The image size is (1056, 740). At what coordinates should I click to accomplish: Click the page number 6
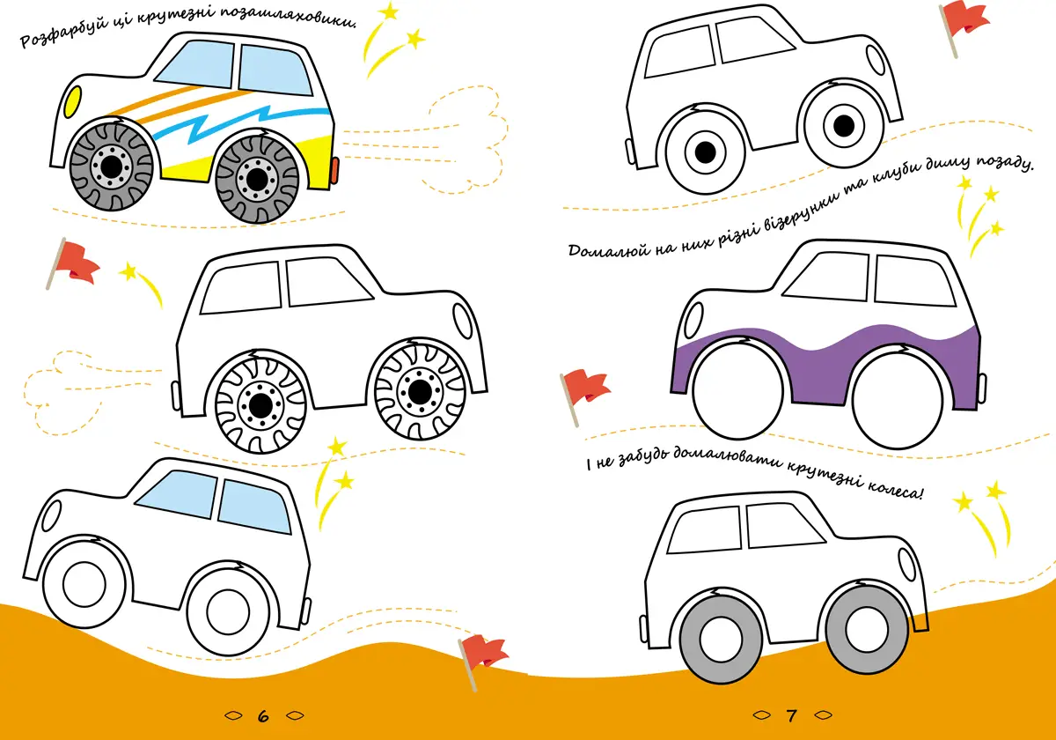(263, 716)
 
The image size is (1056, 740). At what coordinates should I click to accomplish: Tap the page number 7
(791, 715)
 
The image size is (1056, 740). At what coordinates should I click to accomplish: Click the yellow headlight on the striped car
(72, 101)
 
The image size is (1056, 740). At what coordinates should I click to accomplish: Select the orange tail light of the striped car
(334, 170)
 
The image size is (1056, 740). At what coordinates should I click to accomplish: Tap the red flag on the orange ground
(480, 659)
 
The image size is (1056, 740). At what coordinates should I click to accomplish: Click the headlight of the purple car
(693, 321)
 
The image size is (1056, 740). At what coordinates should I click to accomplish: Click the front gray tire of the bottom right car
(867, 629)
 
